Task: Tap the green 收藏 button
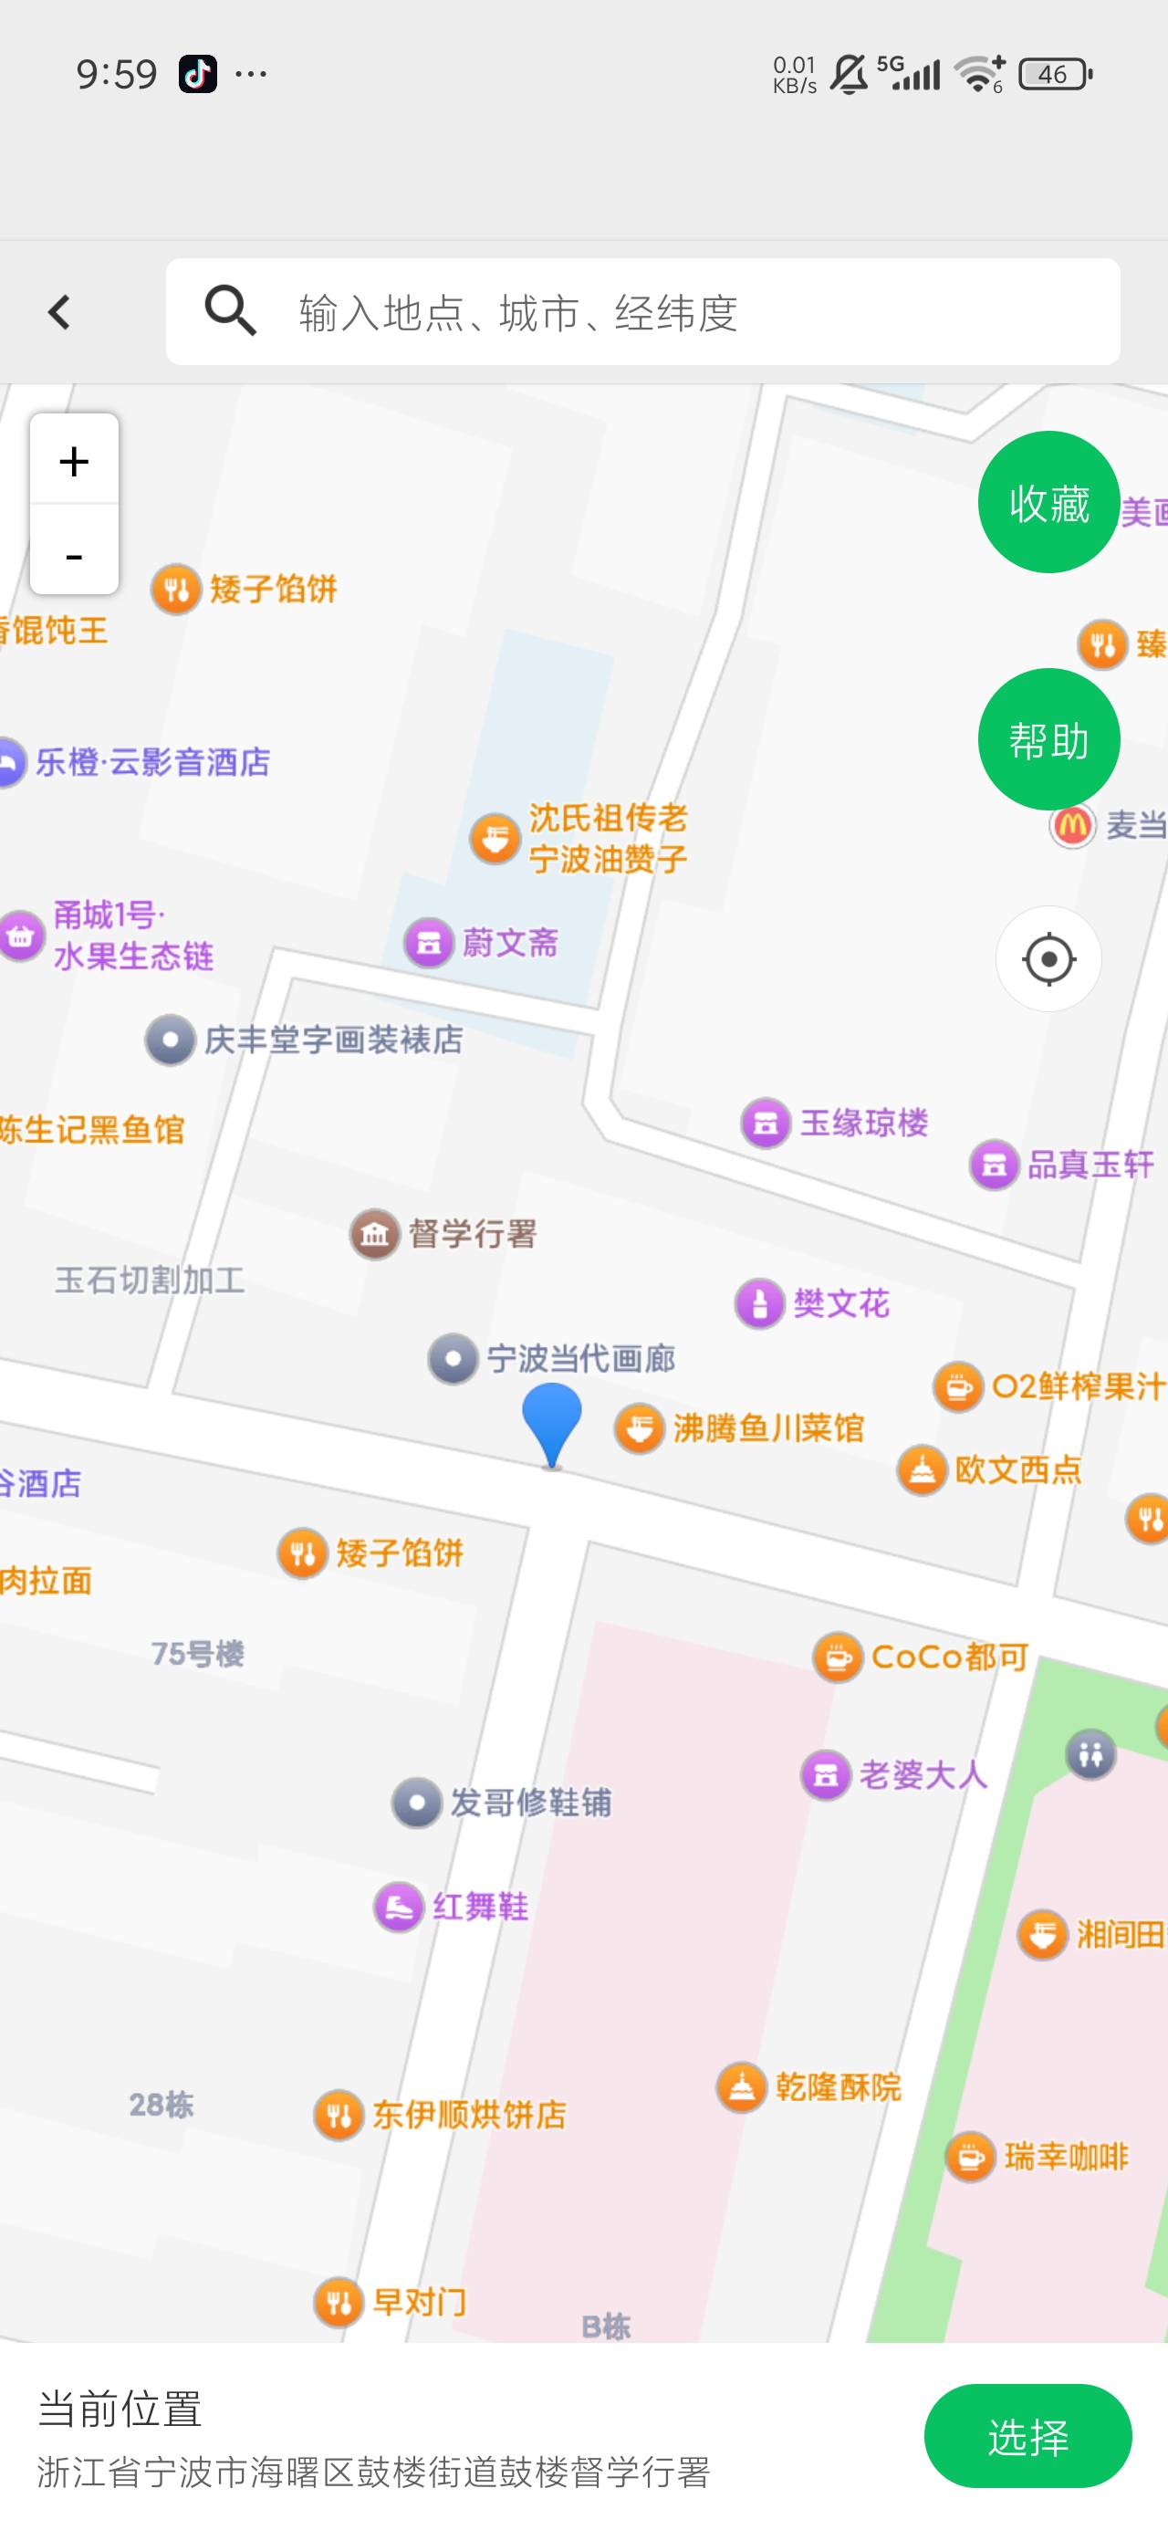1048,502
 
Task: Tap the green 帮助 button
1048,739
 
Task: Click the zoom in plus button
74,460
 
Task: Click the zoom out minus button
74,554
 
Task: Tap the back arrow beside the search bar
59,312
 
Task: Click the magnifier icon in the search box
230,311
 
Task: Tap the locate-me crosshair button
1048,958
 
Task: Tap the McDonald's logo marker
1071,825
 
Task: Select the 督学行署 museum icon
374,1235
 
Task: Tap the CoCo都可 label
949,1657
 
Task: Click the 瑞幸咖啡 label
1066,2157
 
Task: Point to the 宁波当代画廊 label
580,1359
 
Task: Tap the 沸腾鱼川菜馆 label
768,1428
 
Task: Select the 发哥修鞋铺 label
530,1803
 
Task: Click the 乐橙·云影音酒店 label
152,762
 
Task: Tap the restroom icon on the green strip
1090,1754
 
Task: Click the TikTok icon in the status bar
197,74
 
